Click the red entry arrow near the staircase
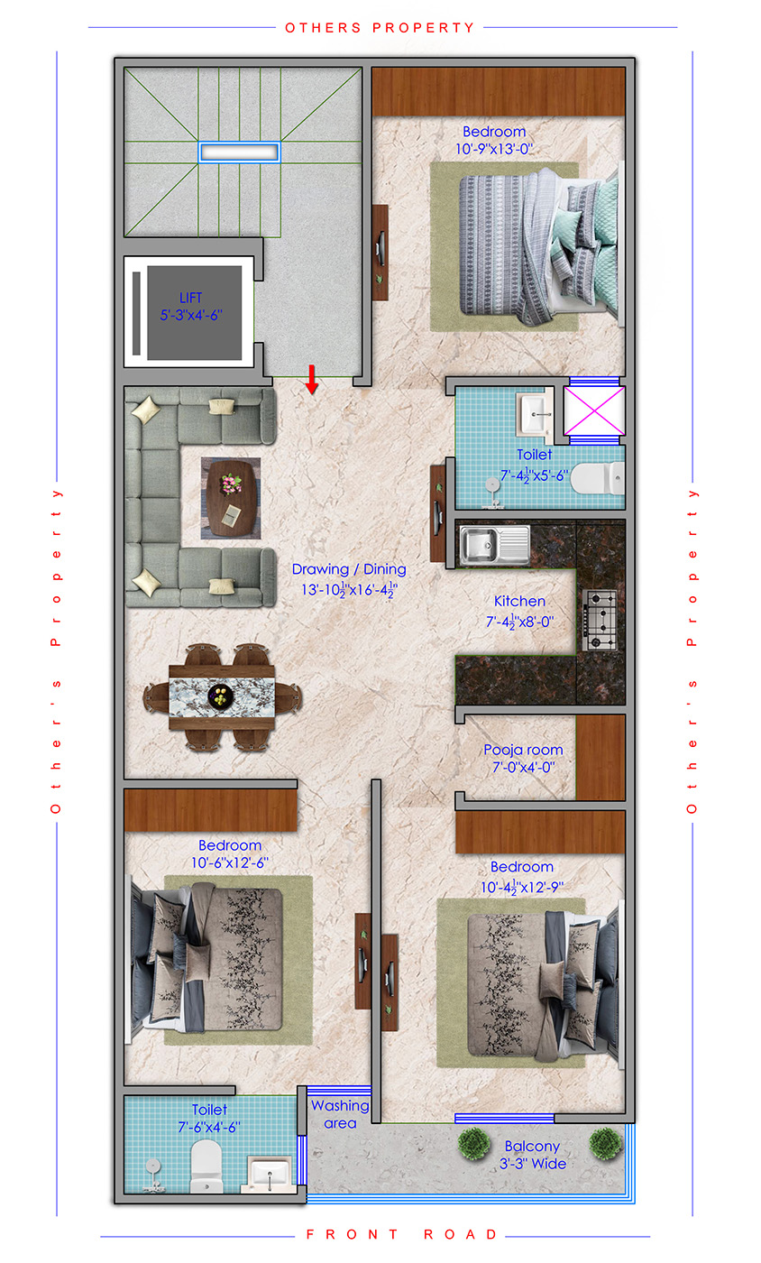[312, 380]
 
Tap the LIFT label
[190, 298]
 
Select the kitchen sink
[494, 545]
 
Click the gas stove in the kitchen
[601, 621]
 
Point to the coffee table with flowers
[231, 498]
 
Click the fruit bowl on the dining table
[220, 696]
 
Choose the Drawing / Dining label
[349, 569]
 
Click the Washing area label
[340, 1114]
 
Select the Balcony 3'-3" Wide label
[533, 1155]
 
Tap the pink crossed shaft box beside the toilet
[594, 411]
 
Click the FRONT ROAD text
[401, 1234]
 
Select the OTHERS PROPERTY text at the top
[380, 28]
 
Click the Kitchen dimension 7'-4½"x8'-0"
[519, 622]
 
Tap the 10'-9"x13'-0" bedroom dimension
[494, 149]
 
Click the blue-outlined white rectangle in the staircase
[239, 152]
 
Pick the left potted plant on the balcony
[473, 1144]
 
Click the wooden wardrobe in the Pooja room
[601, 757]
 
